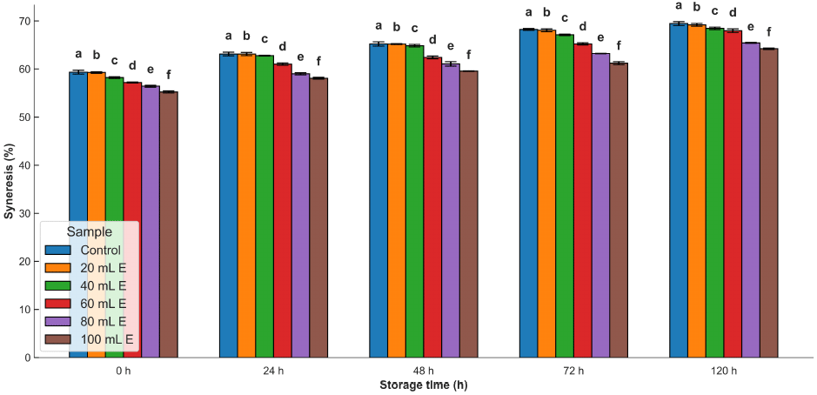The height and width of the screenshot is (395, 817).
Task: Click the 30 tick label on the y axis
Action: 23,213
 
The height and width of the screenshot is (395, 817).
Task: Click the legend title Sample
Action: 89,232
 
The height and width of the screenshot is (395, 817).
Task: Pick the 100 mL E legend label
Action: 108,339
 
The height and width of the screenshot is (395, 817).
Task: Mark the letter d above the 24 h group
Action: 282,47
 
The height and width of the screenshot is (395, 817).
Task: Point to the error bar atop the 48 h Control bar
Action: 378,44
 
